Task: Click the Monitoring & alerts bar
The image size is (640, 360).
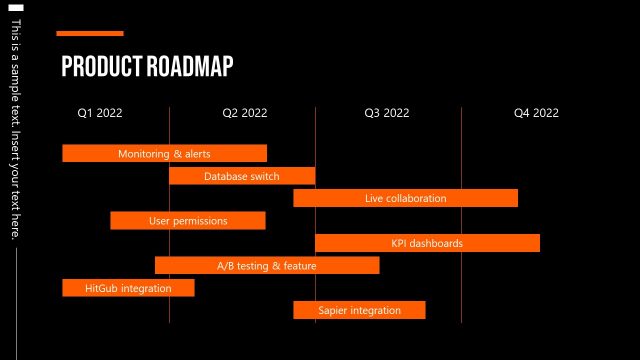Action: pyautogui.click(x=164, y=153)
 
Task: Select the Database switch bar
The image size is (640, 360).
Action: pyautogui.click(x=242, y=176)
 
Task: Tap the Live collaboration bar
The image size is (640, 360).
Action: pyautogui.click(x=405, y=198)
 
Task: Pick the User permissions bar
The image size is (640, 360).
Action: pyautogui.click(x=188, y=220)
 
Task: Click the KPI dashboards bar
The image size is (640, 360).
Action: pyautogui.click(x=427, y=243)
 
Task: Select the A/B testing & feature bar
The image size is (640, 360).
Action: pyautogui.click(x=267, y=265)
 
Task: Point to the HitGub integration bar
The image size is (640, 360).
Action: pyautogui.click(x=128, y=288)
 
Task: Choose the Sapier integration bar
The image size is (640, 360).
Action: pyautogui.click(x=359, y=310)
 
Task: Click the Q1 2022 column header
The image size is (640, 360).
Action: pyautogui.click(x=100, y=113)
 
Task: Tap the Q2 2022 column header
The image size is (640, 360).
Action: pyautogui.click(x=245, y=113)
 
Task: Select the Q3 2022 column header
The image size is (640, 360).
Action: pyautogui.click(x=387, y=113)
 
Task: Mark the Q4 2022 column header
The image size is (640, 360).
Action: pyautogui.click(x=536, y=113)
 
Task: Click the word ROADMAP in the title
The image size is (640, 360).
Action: pyautogui.click(x=190, y=67)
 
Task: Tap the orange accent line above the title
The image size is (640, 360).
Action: pyautogui.click(x=90, y=33)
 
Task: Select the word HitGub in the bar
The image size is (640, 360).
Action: pyautogui.click(x=102, y=288)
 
